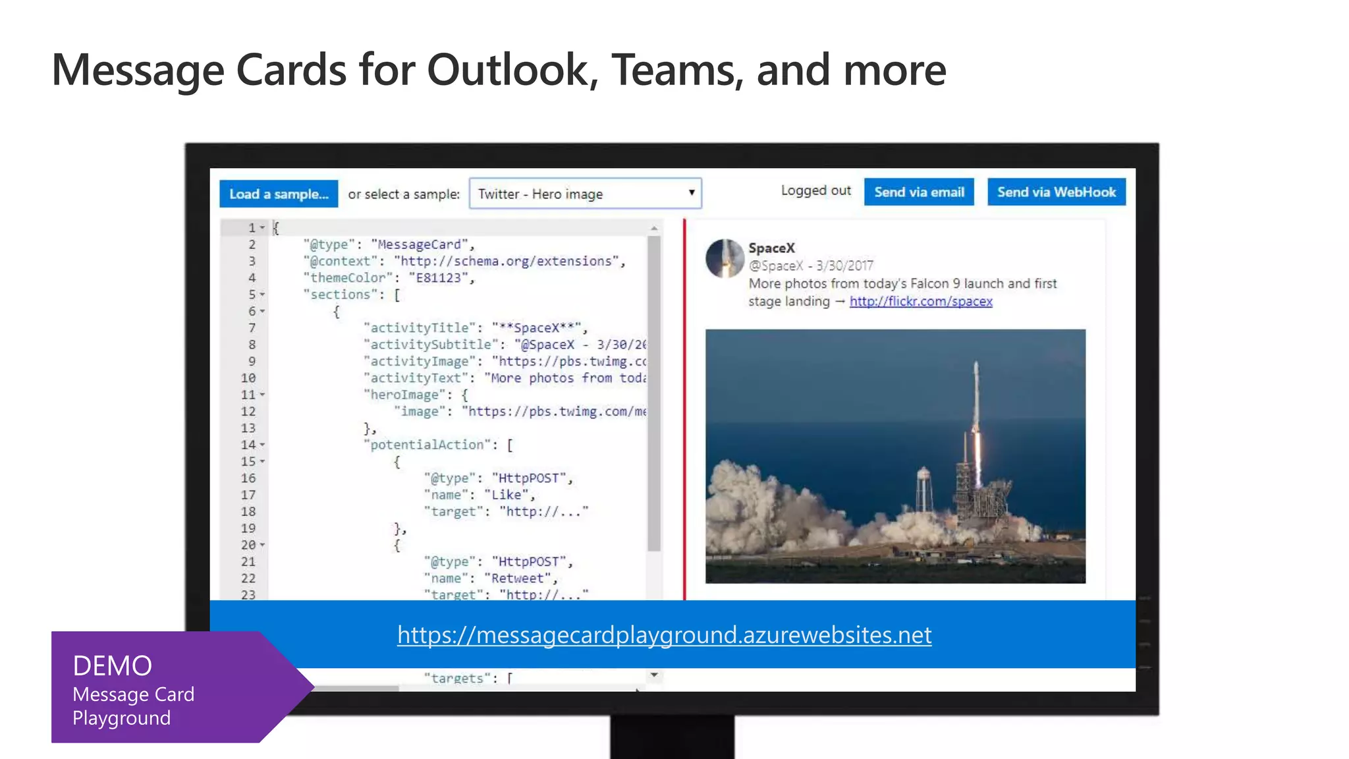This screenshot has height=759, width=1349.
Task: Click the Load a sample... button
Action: tap(279, 194)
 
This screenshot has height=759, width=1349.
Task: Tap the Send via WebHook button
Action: tap(1056, 192)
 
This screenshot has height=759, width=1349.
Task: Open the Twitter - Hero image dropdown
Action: tap(585, 194)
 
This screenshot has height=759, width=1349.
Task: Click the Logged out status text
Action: tap(815, 190)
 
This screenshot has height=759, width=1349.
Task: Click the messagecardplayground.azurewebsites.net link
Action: tap(664, 634)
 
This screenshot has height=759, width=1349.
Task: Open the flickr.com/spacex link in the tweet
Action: tap(920, 301)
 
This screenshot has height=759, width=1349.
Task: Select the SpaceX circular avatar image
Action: tap(724, 258)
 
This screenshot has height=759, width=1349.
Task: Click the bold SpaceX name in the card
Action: tap(771, 248)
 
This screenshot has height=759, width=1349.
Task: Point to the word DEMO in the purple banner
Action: tap(113, 665)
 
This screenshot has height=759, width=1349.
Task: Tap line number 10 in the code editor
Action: tap(248, 378)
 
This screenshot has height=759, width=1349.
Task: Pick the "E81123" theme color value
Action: tap(438, 278)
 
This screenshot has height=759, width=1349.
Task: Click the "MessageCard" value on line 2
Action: tap(419, 244)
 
